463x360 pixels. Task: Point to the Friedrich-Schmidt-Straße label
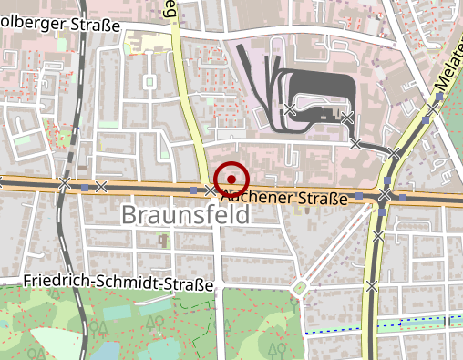[x=118, y=283]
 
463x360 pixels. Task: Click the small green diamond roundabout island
[x=299, y=289]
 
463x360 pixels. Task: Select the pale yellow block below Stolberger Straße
[x=146, y=42]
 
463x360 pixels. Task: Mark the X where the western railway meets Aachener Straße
[x=64, y=184]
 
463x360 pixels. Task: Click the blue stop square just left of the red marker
[x=193, y=190]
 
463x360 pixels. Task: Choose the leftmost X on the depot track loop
[x=289, y=109]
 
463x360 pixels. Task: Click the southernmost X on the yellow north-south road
[x=371, y=285]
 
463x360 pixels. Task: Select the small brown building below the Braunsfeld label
[x=164, y=241]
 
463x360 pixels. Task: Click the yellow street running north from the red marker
[x=191, y=109]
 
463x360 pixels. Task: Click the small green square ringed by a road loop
[x=149, y=83]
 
